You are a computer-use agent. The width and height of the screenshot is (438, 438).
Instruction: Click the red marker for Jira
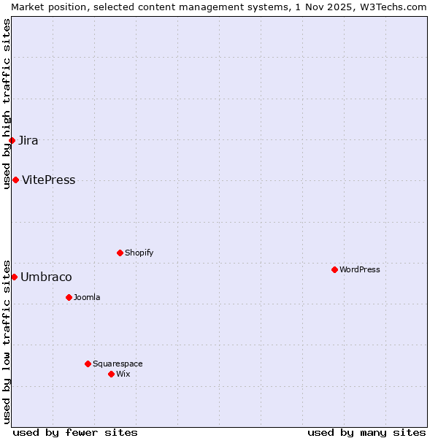click(x=12, y=140)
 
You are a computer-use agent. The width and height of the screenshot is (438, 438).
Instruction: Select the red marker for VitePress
click(x=15, y=180)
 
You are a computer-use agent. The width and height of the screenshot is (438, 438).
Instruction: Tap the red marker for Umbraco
click(x=14, y=277)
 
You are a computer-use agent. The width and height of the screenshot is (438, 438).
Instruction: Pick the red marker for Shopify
click(x=120, y=253)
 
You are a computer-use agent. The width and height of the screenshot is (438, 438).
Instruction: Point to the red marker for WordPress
click(x=334, y=270)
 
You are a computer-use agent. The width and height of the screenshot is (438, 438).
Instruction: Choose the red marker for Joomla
click(x=69, y=298)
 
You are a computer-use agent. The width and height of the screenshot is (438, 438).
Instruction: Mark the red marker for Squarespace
click(x=88, y=364)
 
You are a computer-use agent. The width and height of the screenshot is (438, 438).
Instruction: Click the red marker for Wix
click(x=111, y=374)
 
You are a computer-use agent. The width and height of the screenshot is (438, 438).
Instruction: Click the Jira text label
click(x=28, y=141)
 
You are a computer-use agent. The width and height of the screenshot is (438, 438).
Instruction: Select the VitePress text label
click(x=49, y=180)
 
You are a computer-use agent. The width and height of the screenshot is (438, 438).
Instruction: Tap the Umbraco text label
click(x=46, y=277)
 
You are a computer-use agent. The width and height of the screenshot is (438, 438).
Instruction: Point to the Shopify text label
click(x=139, y=253)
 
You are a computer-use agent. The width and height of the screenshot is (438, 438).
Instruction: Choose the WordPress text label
click(x=360, y=270)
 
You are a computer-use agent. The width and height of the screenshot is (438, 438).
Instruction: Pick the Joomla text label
click(x=87, y=298)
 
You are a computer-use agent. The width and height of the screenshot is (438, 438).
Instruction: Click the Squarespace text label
click(x=118, y=364)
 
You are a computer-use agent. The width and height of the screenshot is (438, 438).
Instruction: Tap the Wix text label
click(x=123, y=374)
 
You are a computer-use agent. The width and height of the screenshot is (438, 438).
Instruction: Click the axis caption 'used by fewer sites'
click(x=75, y=432)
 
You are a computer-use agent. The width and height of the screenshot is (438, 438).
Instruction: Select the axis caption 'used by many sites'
click(x=366, y=432)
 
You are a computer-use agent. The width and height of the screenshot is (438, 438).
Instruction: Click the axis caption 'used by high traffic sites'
click(x=7, y=104)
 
